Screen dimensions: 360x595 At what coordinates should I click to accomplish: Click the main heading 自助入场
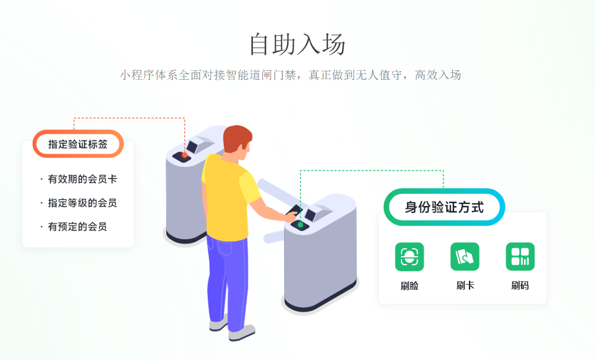point(297,44)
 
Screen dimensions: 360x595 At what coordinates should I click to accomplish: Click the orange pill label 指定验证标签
point(78,144)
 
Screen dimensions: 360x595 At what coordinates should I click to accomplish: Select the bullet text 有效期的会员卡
point(82,179)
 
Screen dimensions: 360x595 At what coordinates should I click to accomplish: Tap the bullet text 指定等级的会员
point(82,203)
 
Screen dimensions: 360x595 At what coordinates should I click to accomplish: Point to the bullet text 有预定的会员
point(77,227)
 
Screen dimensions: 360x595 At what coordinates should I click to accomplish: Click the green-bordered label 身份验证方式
point(444,207)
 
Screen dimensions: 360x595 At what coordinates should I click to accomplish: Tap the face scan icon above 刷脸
point(409,257)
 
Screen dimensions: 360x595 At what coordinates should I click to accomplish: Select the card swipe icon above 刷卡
point(465,257)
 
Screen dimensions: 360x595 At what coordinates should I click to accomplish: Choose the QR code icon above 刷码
point(520,257)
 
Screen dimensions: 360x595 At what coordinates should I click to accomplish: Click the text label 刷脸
point(409,286)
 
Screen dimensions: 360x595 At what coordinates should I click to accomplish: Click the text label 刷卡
point(465,286)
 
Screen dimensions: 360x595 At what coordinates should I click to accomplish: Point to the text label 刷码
point(520,286)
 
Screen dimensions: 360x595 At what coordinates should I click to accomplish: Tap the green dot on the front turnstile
point(300,225)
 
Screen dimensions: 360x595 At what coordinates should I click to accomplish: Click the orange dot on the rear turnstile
point(184,154)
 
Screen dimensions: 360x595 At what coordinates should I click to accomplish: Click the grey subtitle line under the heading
point(290,75)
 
